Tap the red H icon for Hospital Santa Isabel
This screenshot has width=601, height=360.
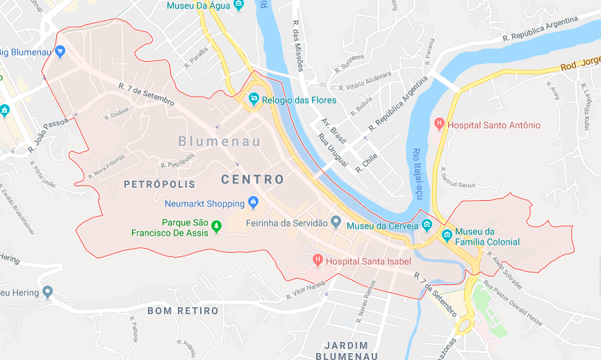(x=318, y=261)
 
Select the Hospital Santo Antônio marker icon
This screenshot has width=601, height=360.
(x=438, y=125)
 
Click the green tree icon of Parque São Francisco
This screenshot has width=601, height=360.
(x=216, y=226)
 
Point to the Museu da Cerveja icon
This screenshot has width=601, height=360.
(x=427, y=225)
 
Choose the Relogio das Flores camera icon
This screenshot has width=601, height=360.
(x=254, y=100)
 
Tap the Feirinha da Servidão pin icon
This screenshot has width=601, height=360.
(x=336, y=222)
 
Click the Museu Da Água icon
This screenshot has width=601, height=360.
(x=239, y=6)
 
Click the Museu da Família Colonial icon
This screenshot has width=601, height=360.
(x=447, y=235)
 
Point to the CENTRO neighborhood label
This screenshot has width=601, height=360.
(x=253, y=179)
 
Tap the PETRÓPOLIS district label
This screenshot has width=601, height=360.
(x=159, y=184)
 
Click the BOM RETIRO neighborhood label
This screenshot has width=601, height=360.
(x=183, y=311)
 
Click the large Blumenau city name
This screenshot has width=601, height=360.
(x=219, y=141)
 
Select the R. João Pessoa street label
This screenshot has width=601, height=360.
(x=49, y=134)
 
